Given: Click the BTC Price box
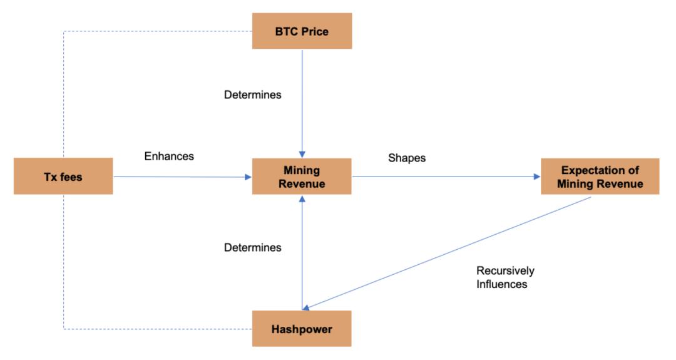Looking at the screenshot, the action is [x=302, y=31].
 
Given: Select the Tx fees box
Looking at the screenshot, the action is [x=63, y=177].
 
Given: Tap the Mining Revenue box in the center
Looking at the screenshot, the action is [x=302, y=177].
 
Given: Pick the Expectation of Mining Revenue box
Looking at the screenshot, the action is [x=600, y=177].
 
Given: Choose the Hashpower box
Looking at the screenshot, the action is [x=302, y=329].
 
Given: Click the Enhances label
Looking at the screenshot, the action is [x=169, y=156].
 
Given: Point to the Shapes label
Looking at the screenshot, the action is [x=407, y=158].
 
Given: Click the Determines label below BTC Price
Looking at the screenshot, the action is [x=253, y=95].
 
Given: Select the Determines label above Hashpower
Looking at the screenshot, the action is [x=253, y=247].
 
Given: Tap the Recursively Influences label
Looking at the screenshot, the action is [x=505, y=277].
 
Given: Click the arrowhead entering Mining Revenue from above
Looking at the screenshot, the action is [x=302, y=155].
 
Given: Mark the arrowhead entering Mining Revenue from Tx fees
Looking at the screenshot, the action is [x=248, y=177].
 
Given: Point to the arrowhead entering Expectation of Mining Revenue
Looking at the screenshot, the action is [x=537, y=177].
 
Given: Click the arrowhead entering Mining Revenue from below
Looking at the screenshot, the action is [x=302, y=198].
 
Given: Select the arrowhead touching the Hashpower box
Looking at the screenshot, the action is [x=306, y=308].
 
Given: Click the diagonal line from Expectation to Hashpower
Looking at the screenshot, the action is [x=447, y=253].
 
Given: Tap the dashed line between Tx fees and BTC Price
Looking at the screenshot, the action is [x=64, y=31].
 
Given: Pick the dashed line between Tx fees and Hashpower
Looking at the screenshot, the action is [x=64, y=329].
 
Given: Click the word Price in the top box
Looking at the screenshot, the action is [x=315, y=31].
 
